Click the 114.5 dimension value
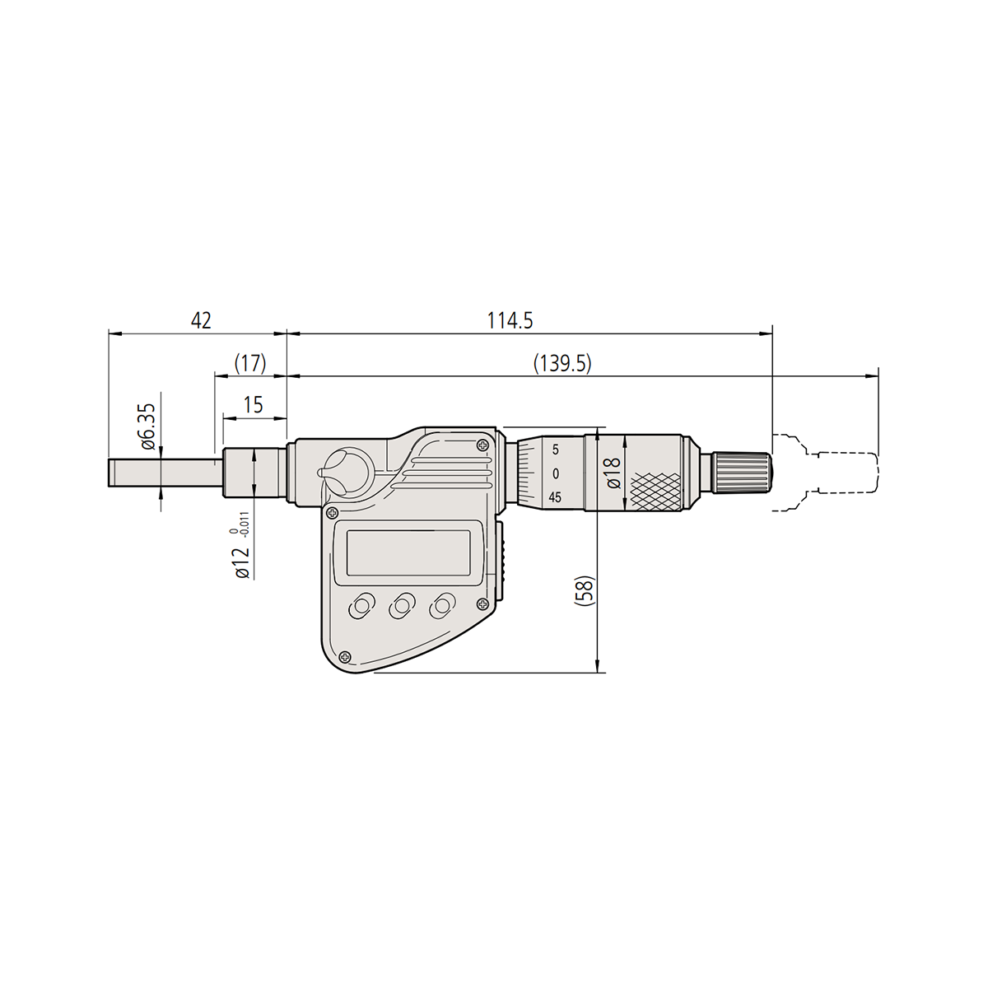(510, 321)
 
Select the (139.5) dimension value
(562, 364)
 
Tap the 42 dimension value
(200, 321)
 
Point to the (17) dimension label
(250, 364)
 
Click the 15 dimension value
(254, 405)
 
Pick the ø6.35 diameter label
(147, 426)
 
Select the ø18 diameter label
(613, 473)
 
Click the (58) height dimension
(584, 591)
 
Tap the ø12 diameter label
(241, 562)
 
